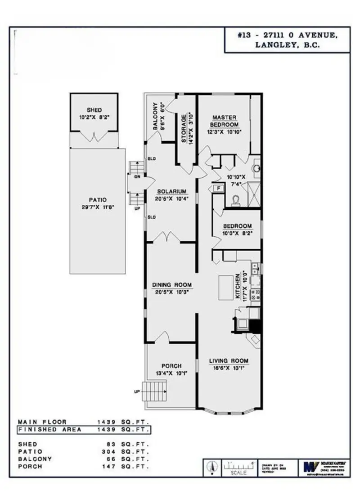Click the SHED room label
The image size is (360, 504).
94,110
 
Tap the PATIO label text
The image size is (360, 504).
97,200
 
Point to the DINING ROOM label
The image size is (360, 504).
172,285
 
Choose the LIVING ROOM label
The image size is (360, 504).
229,361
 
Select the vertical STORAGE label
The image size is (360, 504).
184,129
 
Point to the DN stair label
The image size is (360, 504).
137,177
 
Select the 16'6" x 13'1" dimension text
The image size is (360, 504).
229,368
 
